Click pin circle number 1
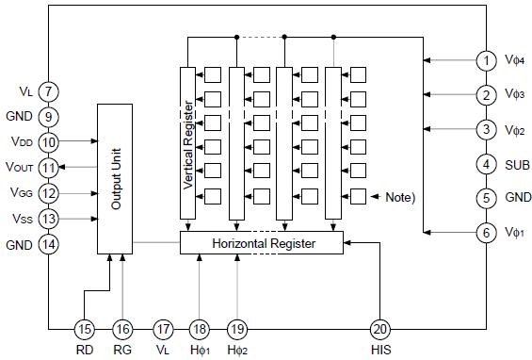486,61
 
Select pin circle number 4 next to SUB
486,164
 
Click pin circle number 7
49,91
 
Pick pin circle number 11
49,167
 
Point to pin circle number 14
49,244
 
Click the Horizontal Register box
261,243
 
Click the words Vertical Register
187,141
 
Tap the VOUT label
20,168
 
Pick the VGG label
21,193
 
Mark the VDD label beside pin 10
21,141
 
